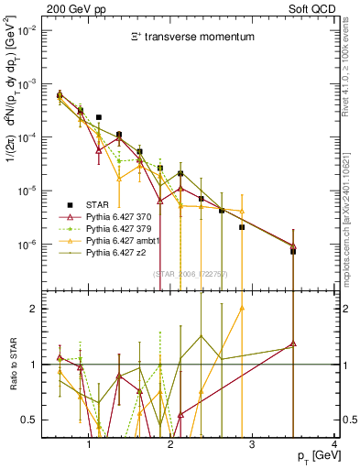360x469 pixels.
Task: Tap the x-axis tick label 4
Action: [x=334, y=446]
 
